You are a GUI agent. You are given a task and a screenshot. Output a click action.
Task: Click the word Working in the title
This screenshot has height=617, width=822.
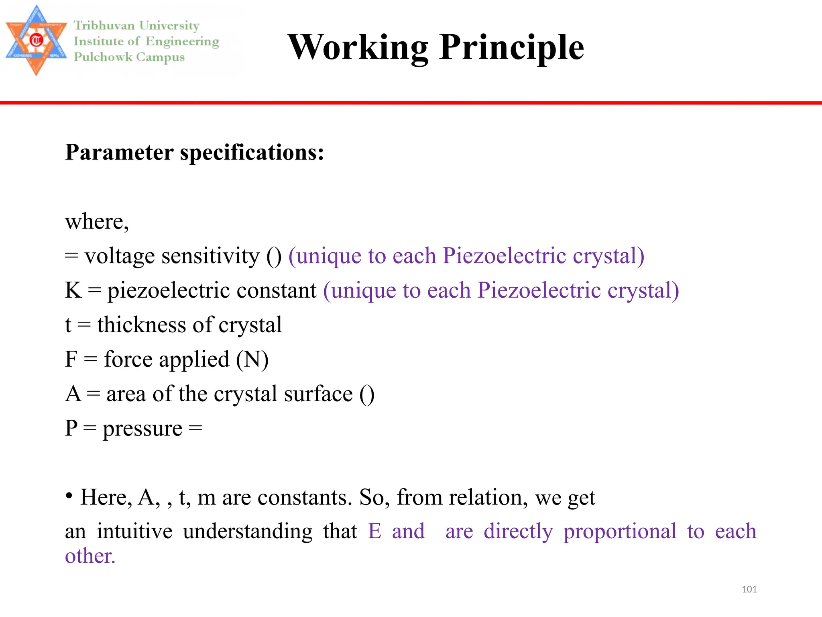pos(358,48)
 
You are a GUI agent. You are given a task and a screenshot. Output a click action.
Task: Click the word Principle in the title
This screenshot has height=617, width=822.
pos(512,48)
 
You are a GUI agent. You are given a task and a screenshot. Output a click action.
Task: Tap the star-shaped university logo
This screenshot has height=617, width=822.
pos(36,41)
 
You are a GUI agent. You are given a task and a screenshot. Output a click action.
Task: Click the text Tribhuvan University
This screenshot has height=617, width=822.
pos(136,26)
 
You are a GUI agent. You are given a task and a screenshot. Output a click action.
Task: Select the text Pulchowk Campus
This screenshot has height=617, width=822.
pos(129,57)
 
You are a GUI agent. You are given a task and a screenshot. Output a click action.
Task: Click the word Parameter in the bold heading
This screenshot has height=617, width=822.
pos(119,153)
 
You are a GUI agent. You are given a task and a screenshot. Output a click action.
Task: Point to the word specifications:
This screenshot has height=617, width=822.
pos(252,153)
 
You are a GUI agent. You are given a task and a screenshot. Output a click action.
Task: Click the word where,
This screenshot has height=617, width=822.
pos(97,222)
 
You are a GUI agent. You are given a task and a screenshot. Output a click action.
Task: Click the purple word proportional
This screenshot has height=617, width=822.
pos(620,531)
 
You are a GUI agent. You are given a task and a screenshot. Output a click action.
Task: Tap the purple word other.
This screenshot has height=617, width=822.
pos(90,556)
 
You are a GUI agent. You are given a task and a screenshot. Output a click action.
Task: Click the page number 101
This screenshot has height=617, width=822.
pos(749,589)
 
